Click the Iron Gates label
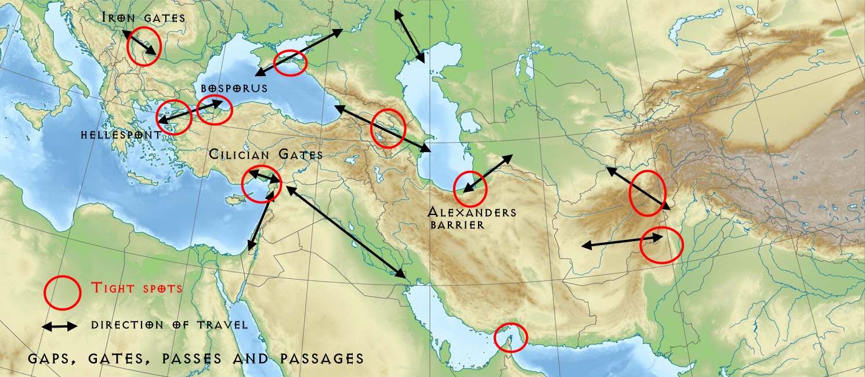point(143,17)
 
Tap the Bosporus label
point(234,88)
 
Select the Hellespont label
point(121,135)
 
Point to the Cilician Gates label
point(265,155)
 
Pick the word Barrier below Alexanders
point(457,224)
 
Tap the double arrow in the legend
point(60,326)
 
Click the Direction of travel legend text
point(169,325)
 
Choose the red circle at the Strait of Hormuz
point(511,337)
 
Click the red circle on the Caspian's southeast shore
point(470,188)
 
